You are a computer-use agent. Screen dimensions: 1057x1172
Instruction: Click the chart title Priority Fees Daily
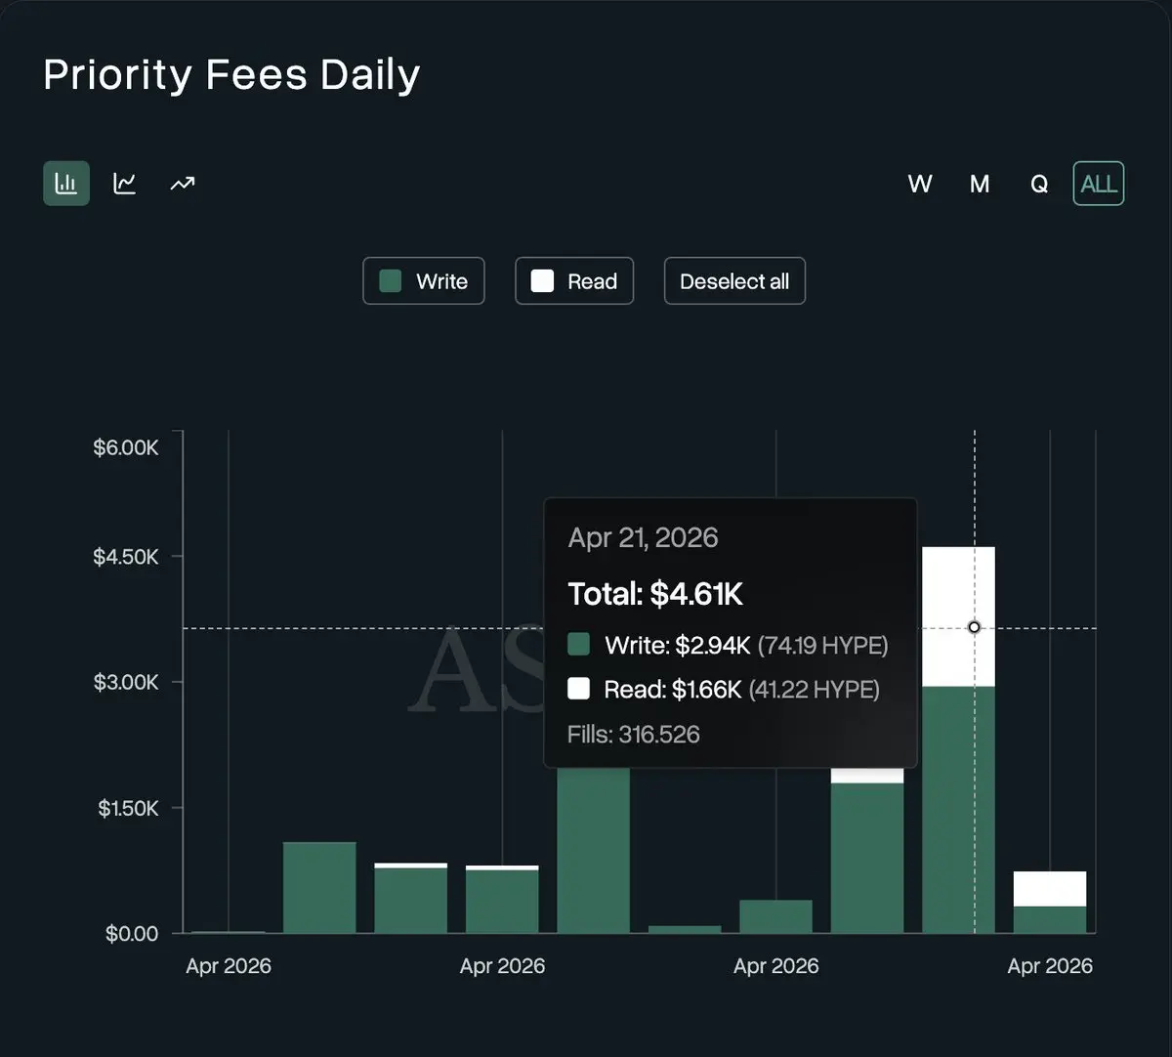click(x=231, y=75)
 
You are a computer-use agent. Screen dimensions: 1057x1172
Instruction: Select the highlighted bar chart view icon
click(x=66, y=184)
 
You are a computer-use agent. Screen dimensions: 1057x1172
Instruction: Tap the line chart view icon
click(x=125, y=184)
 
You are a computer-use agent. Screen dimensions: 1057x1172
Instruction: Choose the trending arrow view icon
click(x=183, y=184)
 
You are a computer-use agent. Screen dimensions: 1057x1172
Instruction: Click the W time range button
click(x=920, y=184)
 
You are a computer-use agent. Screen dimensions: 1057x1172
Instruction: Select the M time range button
click(x=980, y=184)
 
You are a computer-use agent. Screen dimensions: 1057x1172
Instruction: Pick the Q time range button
click(x=1039, y=184)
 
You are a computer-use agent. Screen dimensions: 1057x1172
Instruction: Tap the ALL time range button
click(x=1099, y=184)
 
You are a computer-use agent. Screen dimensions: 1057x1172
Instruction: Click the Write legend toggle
click(x=424, y=281)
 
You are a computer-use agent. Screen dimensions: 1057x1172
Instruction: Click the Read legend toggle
click(x=574, y=281)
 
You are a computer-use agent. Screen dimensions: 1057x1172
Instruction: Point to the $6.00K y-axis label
click(x=126, y=447)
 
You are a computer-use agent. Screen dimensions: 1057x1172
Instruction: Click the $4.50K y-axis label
click(x=126, y=557)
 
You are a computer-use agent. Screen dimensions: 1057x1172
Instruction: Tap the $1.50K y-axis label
click(x=128, y=808)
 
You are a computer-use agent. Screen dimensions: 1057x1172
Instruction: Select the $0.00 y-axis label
click(x=132, y=934)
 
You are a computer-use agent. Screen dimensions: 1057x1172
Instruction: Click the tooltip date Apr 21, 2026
click(x=643, y=537)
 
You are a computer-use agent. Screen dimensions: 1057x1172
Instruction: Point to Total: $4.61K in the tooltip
click(x=655, y=593)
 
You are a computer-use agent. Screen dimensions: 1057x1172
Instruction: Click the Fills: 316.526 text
click(x=633, y=735)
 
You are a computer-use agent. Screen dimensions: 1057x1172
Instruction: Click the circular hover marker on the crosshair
click(x=974, y=627)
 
